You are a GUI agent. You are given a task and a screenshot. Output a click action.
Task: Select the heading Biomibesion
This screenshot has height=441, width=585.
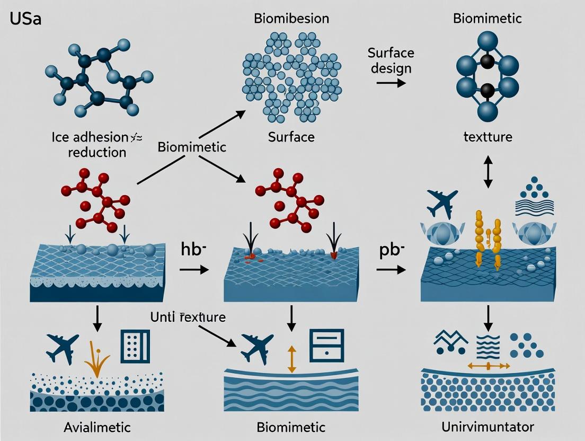pyautogui.click(x=291, y=19)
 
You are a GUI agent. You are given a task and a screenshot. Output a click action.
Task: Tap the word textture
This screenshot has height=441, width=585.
pyautogui.click(x=487, y=137)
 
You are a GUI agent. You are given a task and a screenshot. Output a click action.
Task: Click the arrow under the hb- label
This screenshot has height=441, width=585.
pyautogui.click(x=194, y=270)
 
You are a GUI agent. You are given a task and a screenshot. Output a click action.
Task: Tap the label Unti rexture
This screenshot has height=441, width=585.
pyautogui.click(x=188, y=317)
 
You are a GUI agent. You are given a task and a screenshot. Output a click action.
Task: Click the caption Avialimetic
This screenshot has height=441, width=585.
pyautogui.click(x=97, y=427)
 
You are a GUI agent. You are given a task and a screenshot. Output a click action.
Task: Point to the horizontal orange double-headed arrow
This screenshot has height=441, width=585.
pyautogui.click(x=488, y=365)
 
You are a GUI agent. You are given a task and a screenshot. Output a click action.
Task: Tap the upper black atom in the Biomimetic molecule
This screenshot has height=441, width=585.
pyautogui.click(x=488, y=61)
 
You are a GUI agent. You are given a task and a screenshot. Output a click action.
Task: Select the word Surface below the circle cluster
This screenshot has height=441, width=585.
pyautogui.click(x=291, y=137)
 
